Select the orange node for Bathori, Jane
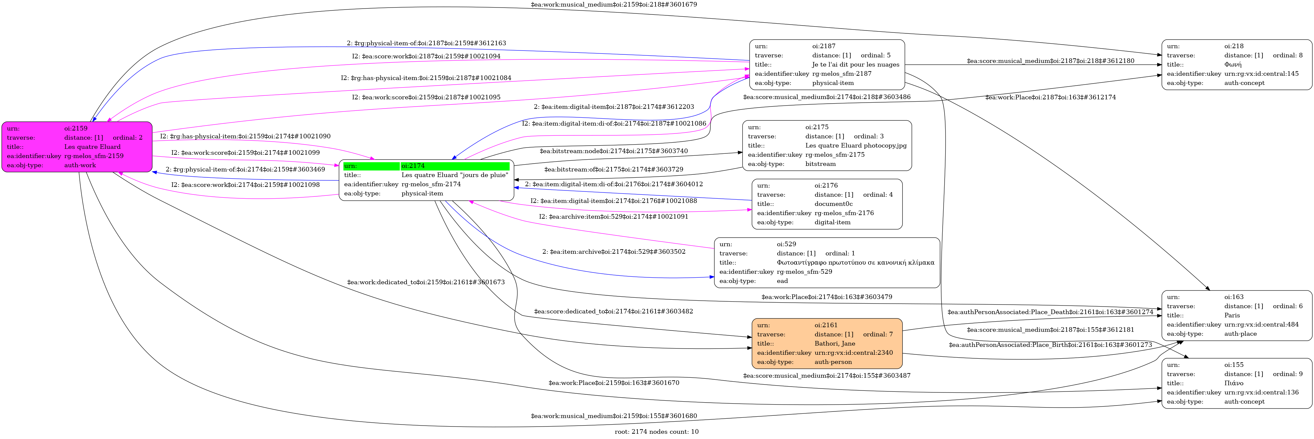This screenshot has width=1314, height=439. [826, 343]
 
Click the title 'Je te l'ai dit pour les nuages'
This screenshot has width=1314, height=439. [855, 65]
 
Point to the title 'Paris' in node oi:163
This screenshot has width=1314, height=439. [1232, 315]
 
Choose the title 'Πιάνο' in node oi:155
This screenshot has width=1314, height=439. [1233, 383]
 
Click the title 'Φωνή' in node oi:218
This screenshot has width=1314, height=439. [1232, 65]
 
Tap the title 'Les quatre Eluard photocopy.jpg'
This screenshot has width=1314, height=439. [855, 145]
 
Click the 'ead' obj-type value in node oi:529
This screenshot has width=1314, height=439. [782, 281]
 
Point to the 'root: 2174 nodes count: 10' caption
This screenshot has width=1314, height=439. [657, 431]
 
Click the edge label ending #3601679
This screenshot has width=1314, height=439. [614, 5]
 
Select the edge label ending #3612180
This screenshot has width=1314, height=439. [1050, 61]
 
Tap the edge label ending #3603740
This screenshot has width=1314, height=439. [614, 151]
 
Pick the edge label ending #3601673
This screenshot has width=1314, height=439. [426, 282]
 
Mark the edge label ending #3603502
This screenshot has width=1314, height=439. [614, 251]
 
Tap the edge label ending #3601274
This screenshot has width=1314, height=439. [1050, 312]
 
